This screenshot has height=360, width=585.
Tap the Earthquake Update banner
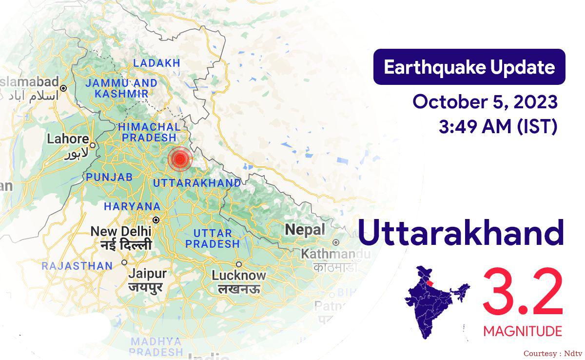click(469, 67)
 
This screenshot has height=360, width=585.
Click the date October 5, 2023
click(485, 102)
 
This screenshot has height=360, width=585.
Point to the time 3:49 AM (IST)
click(498, 127)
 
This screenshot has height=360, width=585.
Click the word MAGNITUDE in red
click(523, 332)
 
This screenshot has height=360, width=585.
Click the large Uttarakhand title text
click(461, 233)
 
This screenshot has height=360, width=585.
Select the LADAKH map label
click(156, 63)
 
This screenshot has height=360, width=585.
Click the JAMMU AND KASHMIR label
click(121, 88)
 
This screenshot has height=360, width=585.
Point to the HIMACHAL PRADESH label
click(149, 132)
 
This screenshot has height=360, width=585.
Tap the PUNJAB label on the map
click(109, 178)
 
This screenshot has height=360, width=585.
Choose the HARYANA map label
click(132, 206)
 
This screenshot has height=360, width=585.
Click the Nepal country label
click(305, 229)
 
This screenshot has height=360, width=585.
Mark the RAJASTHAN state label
click(77, 266)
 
